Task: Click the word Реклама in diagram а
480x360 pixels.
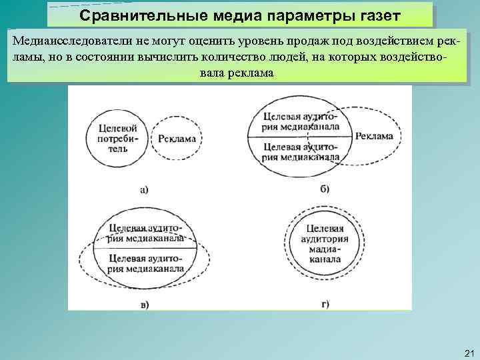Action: (177, 139)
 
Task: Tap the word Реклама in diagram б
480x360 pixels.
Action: (374, 137)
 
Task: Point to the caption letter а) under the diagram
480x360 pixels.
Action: (144, 189)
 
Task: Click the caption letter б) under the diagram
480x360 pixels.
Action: (325, 189)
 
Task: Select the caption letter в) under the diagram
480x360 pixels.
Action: (144, 305)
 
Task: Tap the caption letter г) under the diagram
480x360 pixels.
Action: (325, 305)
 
